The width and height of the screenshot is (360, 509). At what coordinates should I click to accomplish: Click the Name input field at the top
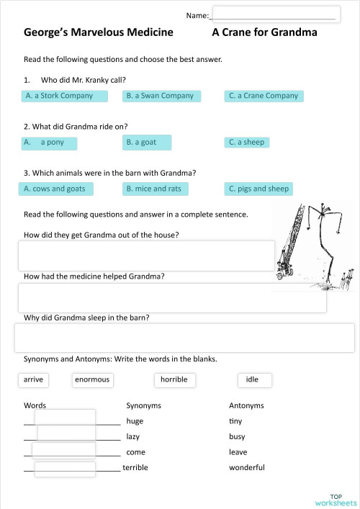[x=274, y=14]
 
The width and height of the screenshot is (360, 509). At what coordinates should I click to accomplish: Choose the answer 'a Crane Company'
[x=264, y=96]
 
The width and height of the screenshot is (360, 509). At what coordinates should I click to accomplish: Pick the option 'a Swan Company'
[x=162, y=96]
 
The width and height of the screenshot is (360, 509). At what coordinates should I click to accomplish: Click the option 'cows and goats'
[x=55, y=189]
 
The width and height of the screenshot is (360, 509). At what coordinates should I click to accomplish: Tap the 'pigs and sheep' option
[x=258, y=189]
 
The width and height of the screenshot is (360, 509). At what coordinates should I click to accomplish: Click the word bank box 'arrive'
[x=33, y=379]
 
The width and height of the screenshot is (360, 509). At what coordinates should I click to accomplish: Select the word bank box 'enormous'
[x=92, y=379]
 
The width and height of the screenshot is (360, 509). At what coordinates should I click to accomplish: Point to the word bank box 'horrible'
[x=174, y=379]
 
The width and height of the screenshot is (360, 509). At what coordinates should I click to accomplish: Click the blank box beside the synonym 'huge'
[x=66, y=418]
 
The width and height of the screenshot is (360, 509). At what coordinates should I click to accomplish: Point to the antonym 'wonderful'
[x=247, y=468]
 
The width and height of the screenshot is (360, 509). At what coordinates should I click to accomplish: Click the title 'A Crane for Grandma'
[x=264, y=32]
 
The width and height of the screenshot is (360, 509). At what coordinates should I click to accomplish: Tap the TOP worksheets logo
[x=335, y=500]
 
